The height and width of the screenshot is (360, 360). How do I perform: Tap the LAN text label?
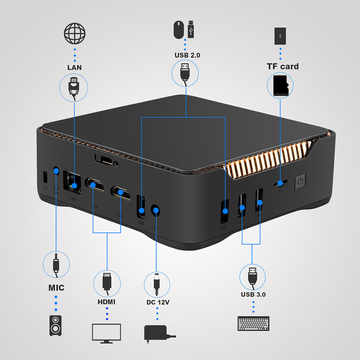click(75, 67)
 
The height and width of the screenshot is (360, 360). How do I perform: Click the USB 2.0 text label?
click(187, 55)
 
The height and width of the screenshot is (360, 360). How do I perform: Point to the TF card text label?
click(283, 67)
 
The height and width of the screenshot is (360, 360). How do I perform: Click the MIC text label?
click(56, 288)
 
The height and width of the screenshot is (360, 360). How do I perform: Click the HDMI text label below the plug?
click(107, 302)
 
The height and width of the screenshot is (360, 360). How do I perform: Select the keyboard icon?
click(253, 323)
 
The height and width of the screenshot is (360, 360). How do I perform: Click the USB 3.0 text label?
click(253, 294)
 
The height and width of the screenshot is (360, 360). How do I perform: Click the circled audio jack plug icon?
click(56, 265)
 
